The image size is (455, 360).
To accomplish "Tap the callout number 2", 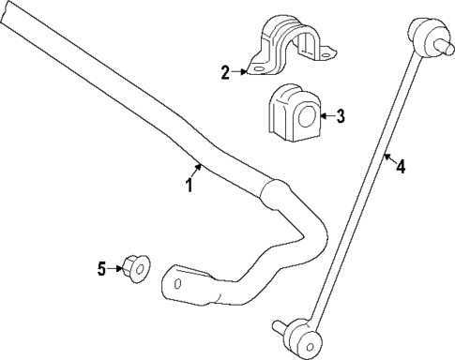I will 225,71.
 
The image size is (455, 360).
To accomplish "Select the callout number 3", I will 341,116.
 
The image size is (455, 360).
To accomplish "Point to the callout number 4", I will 401,168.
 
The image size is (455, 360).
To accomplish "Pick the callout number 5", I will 102,269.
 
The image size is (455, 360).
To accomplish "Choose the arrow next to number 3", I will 325,116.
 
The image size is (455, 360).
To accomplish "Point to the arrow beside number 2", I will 239,70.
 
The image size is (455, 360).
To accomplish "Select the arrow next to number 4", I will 388,159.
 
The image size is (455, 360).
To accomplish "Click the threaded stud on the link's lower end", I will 279,326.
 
